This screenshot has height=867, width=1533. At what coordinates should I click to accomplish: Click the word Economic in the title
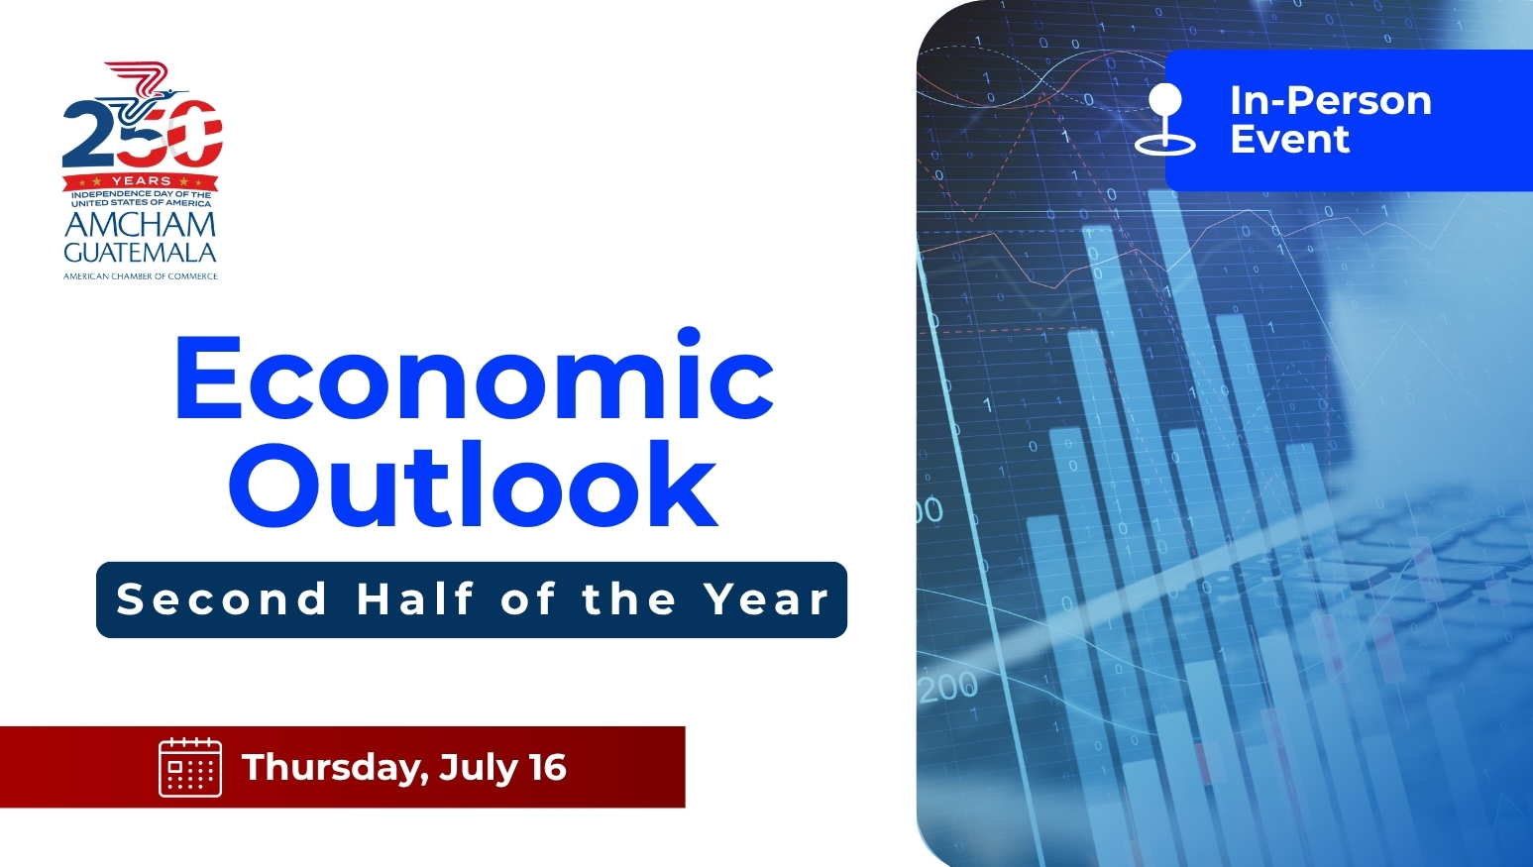coord(475,374)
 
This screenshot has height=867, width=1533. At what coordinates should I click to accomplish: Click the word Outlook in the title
coord(473,484)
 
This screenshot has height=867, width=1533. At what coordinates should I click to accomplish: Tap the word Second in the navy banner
coord(222,599)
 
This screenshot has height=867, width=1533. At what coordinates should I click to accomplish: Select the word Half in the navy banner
coord(415,598)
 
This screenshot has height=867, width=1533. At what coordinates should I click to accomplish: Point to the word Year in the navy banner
coord(767,599)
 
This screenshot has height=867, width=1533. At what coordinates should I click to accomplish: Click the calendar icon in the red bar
coord(190,767)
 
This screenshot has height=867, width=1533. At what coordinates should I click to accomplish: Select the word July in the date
coord(479,768)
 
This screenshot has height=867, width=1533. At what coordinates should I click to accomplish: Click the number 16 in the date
coord(547,767)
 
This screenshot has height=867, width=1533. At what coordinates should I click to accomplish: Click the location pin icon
coord(1164,119)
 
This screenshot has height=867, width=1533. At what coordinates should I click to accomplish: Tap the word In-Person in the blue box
coord(1331,101)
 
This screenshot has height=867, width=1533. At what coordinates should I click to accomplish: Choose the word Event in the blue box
coord(1290,140)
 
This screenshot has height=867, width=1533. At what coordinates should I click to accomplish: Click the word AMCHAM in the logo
coord(141,225)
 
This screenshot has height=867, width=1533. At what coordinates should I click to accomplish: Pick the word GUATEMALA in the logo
coord(141,253)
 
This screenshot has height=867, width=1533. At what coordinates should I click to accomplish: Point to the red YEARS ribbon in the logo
coord(141,181)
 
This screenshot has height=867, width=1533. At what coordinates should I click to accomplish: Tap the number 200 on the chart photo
coord(948,687)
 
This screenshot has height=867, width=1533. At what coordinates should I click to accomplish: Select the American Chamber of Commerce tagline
coord(141,276)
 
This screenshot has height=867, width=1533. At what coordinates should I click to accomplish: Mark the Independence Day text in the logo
coord(141,198)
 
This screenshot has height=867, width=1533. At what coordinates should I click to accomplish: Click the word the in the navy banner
coord(629,598)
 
